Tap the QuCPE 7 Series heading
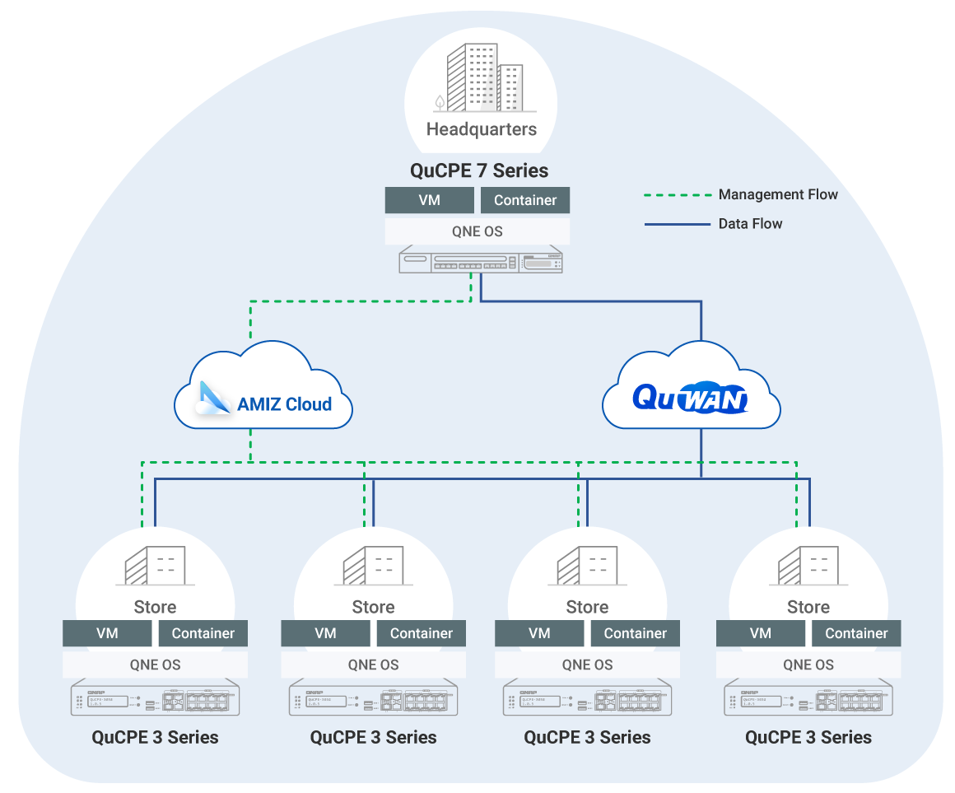[x=479, y=171]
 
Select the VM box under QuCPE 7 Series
[x=429, y=200]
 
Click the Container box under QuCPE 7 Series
[x=525, y=200]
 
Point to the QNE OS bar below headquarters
[x=477, y=231]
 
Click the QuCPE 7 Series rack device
[x=481, y=261]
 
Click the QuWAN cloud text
[x=690, y=398]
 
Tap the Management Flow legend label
[x=778, y=195]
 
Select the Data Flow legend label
[x=750, y=223]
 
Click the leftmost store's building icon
[x=155, y=566]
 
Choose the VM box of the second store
[x=325, y=633]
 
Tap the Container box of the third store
[x=635, y=633]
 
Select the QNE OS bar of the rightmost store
[x=808, y=665]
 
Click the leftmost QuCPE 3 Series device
[x=156, y=700]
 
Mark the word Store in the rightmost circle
[x=808, y=607]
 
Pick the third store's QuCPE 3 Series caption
[x=587, y=737]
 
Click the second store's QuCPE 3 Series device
[x=374, y=700]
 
